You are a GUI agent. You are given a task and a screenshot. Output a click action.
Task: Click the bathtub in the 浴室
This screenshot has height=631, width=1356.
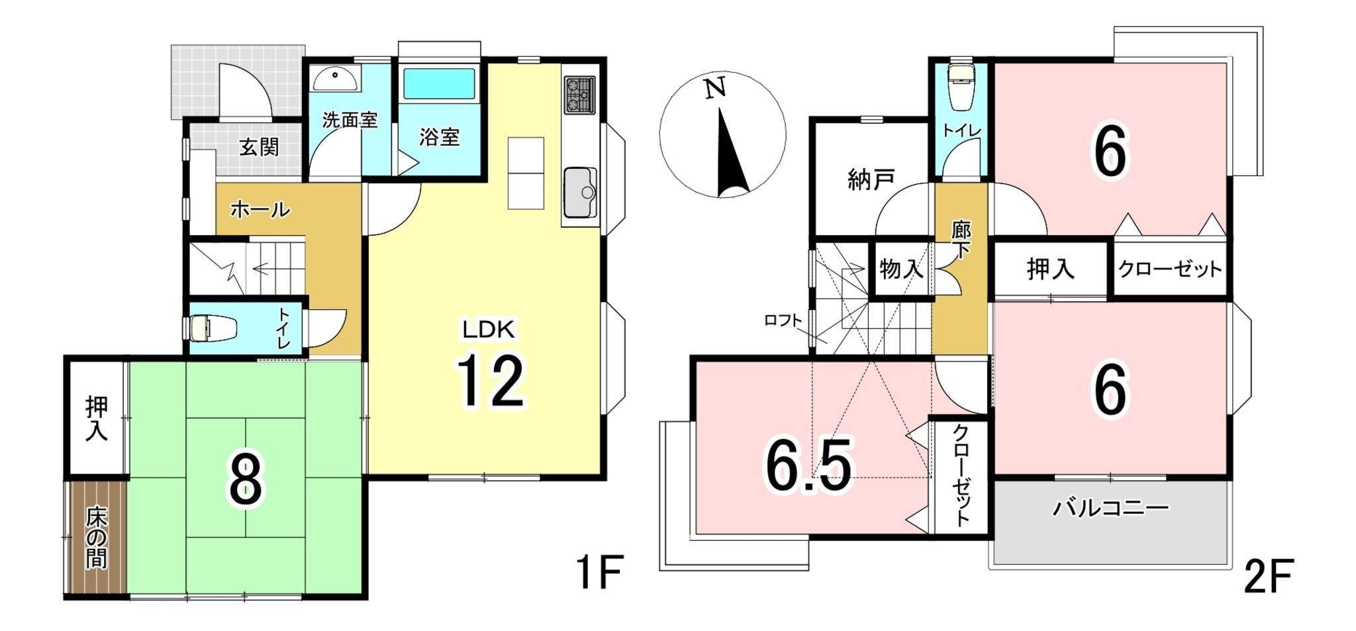pos(440,83)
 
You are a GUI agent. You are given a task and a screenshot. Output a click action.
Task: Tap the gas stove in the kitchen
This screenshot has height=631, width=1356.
pos(580,95)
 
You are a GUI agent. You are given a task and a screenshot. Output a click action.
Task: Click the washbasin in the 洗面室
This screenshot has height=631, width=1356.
pos(336,77)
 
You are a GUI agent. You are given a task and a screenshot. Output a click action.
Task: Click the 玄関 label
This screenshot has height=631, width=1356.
pos(259,147)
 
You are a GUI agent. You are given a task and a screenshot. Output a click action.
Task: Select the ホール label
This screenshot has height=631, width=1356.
pos(260,210)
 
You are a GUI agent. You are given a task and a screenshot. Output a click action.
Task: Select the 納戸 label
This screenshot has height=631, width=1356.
pos(871,179)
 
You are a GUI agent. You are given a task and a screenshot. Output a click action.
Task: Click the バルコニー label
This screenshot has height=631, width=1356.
pos(1110,509)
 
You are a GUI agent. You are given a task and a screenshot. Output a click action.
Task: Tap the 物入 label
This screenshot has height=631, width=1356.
pos(902,269)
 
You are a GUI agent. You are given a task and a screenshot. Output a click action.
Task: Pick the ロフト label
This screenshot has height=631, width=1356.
pos(783,321)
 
